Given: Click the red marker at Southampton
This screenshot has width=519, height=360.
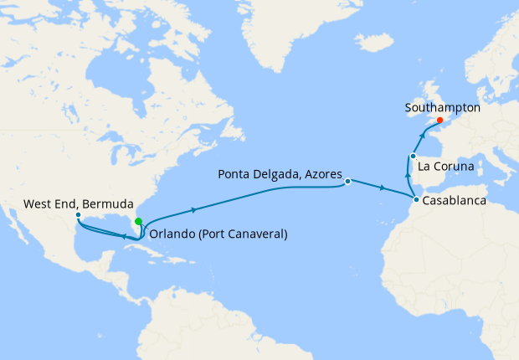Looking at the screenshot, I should pyautogui.click(x=439, y=120).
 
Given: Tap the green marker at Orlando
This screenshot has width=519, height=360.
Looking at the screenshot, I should pyautogui.click(x=137, y=221).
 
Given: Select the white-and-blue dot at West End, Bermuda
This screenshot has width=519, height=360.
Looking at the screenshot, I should pyautogui.click(x=77, y=215).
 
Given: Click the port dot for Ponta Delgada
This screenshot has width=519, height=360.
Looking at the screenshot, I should pyautogui.click(x=347, y=180).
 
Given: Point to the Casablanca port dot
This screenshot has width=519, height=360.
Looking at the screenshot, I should pyautogui.click(x=415, y=199).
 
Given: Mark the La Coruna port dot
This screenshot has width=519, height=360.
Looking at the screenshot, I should pyautogui.click(x=413, y=156).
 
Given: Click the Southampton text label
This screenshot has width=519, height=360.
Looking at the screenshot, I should pyautogui.click(x=442, y=108).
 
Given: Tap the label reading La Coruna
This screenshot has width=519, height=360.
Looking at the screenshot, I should pyautogui.click(x=446, y=167).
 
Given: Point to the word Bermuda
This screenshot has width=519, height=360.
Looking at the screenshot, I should pyautogui.click(x=108, y=203).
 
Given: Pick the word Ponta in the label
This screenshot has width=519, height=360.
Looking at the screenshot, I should pyautogui.click(x=234, y=175).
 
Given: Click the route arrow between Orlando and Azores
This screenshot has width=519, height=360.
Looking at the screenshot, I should pyautogui.click(x=195, y=209).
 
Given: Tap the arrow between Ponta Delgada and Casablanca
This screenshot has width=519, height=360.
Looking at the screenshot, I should pyautogui.click(x=382, y=189).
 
